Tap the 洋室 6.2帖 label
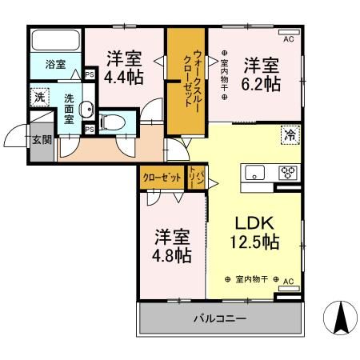point(262,74)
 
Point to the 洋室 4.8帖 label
point(172,246)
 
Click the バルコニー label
point(218,319)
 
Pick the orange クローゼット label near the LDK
point(162,178)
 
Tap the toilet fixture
point(114,122)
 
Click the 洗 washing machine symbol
point(40,97)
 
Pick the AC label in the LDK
point(289,281)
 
